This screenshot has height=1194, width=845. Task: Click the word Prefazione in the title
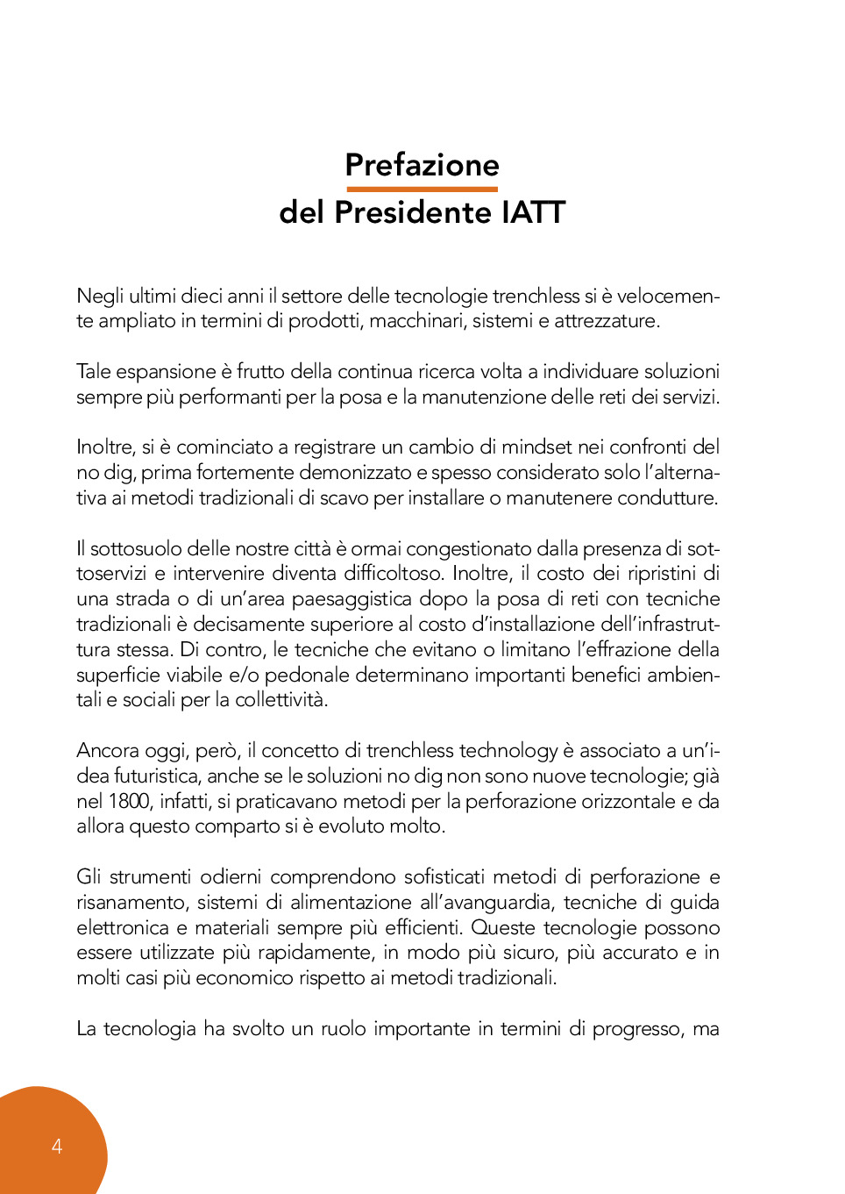[422, 165]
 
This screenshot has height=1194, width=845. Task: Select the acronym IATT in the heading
[533, 212]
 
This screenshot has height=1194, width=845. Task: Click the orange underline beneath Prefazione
[422, 189]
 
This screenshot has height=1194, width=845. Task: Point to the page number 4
[57, 1146]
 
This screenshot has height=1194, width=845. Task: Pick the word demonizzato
[355, 472]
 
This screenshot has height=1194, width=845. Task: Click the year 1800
[129, 801]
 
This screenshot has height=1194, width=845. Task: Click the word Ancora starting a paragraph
[107, 750]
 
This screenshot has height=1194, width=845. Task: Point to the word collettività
[280, 700]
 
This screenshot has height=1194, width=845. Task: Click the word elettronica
[123, 927]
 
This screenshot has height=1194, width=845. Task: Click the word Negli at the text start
[100, 297]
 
